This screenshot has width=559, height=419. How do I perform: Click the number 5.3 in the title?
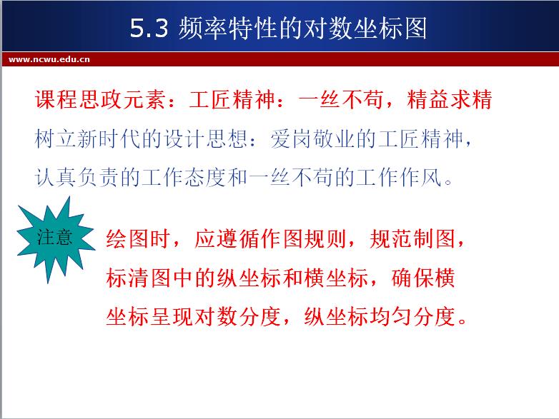click(x=149, y=28)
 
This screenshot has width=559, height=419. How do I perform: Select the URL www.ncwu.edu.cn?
click(x=49, y=59)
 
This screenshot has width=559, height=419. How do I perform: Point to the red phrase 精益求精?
click(x=450, y=99)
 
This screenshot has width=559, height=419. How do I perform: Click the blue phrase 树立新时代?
click(x=88, y=138)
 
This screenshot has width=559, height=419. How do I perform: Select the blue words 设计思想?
click(x=206, y=138)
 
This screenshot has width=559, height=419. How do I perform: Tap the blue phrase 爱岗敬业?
click(x=312, y=138)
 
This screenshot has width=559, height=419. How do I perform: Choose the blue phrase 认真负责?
click(x=77, y=177)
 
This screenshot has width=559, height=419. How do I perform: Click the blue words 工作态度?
click(x=184, y=177)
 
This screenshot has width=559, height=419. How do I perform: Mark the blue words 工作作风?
click(x=399, y=177)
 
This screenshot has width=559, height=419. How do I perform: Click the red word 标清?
click(x=127, y=278)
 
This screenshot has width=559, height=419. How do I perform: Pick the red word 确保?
click(x=412, y=278)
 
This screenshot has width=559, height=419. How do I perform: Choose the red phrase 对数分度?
click(x=238, y=316)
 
